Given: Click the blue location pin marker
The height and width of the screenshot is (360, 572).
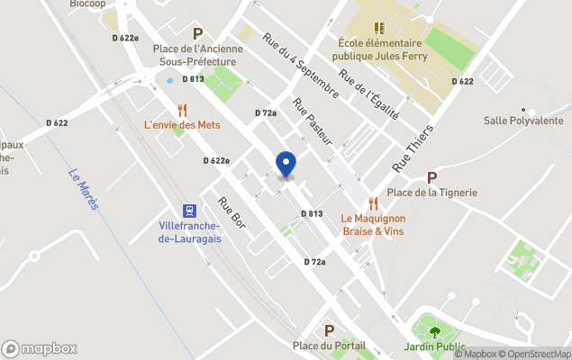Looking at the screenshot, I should (x=286, y=165).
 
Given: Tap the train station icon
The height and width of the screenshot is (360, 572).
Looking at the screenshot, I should (x=189, y=211).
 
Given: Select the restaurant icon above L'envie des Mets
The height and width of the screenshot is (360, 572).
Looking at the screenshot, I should (x=183, y=109).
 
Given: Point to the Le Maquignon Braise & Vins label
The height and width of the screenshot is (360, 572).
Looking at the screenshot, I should (x=373, y=224).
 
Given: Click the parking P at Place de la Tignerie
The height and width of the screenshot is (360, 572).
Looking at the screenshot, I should (x=431, y=177).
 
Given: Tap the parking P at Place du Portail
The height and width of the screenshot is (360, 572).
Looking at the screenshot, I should (x=329, y=330).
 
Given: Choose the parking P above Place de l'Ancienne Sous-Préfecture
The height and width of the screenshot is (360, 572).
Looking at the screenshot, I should (x=197, y=33).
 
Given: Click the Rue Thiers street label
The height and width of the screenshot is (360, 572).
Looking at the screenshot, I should (x=413, y=149).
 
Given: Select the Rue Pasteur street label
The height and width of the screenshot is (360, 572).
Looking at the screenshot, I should (x=313, y=121).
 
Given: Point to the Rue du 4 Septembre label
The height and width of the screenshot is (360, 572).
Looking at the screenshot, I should (x=300, y=66).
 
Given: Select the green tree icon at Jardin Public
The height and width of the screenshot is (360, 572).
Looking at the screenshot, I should (x=435, y=331).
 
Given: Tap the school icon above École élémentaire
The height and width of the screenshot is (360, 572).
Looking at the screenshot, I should (x=379, y=28).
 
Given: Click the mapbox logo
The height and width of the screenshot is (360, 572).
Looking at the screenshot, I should (x=40, y=348).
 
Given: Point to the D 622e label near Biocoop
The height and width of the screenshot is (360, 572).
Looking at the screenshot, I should (x=125, y=38).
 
